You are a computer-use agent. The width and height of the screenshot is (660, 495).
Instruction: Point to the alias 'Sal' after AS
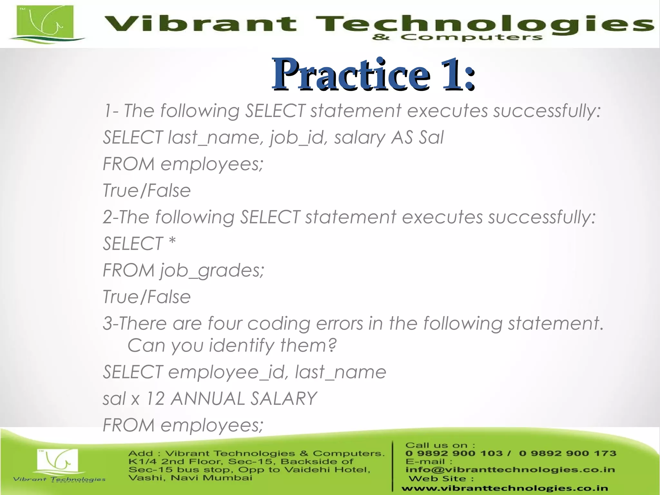431,137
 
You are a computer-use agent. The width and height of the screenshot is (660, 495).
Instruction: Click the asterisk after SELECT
172,242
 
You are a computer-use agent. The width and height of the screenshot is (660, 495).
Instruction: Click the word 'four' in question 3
224,323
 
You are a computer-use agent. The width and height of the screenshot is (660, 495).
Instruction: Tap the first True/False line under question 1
147,190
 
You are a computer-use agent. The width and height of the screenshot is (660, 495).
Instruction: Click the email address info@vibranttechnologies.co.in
510,470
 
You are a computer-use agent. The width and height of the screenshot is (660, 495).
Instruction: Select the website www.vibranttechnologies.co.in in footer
504,489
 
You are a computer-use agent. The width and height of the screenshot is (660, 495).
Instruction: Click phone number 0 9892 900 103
454,453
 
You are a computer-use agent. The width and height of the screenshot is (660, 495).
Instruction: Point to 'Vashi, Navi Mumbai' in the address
190,478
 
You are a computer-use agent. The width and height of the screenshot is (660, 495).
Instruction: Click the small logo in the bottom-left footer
57,461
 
